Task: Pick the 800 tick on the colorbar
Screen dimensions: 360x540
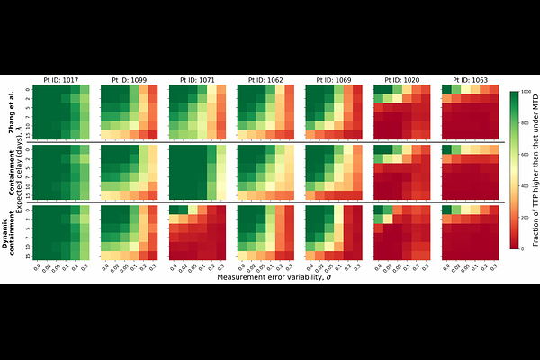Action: (x=526, y=124)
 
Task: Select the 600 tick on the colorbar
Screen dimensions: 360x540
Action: (x=526, y=156)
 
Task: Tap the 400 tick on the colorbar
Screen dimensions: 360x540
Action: (x=526, y=186)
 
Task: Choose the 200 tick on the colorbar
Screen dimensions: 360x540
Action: (x=526, y=218)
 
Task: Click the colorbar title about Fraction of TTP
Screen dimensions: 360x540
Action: (x=536, y=171)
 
